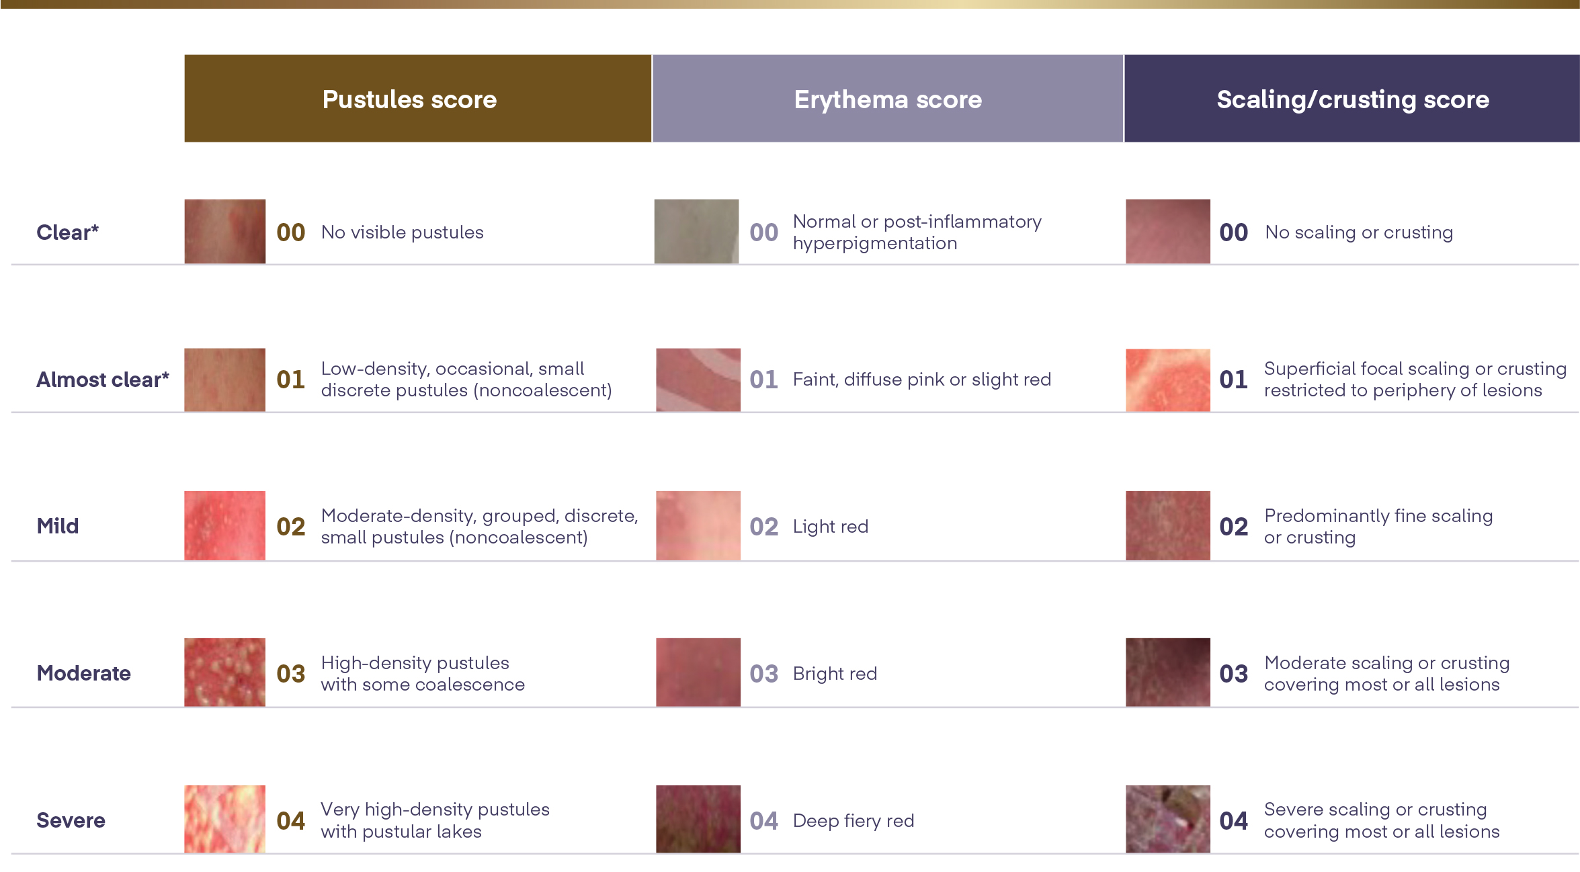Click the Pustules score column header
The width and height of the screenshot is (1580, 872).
[417, 99]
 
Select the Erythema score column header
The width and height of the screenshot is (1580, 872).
[888, 99]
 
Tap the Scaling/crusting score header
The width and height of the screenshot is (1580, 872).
[1352, 99]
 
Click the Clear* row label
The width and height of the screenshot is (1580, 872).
[67, 232]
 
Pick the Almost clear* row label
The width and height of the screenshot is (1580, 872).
[103, 380]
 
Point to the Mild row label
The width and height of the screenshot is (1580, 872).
[58, 526]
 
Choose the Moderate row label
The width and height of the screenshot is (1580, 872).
[84, 673]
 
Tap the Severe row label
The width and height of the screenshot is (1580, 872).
[71, 820]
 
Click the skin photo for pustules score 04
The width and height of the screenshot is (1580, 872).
[225, 819]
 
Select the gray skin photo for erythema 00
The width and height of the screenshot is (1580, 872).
[697, 231]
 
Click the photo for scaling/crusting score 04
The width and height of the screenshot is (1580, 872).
[1168, 819]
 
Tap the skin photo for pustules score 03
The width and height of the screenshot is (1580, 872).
[225, 672]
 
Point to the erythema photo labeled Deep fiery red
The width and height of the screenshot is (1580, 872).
[698, 819]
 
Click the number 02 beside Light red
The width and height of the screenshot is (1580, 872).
[764, 527]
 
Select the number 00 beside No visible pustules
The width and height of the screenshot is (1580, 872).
[291, 232]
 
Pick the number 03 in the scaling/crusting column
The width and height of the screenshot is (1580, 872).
[1234, 674]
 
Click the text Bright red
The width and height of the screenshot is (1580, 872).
[835, 673]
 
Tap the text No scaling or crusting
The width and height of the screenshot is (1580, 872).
[1359, 232]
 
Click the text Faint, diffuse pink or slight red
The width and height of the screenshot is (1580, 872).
[922, 380]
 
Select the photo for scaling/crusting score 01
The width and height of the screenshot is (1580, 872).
[1168, 380]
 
